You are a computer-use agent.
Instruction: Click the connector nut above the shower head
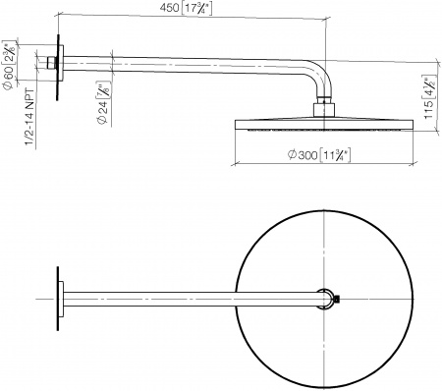coord(323,106)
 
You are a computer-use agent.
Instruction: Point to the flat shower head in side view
coord(323,125)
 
